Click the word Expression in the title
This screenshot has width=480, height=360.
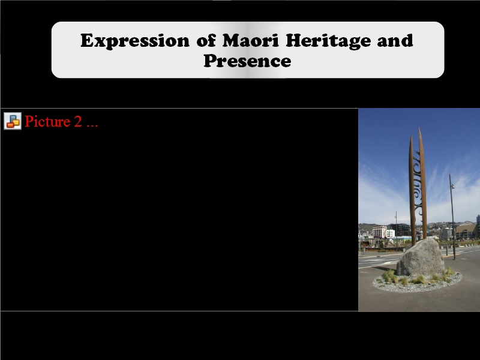coord(135,41)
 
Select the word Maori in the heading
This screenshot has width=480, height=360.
coord(250,40)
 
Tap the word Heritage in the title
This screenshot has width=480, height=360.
coord(328,41)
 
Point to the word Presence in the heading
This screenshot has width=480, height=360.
coord(247,61)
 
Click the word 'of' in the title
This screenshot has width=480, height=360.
coord(206,40)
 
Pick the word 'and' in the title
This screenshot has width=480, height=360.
coord(395,40)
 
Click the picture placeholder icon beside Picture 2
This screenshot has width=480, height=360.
coord(13,121)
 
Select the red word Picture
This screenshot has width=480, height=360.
coord(47,122)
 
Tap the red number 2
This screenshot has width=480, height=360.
coord(78,122)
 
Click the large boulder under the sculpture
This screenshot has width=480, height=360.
coord(421,258)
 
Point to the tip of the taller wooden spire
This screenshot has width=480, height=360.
coord(419,128)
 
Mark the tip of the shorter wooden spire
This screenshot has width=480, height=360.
coord(411,136)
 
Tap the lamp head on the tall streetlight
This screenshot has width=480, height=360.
coord(452,186)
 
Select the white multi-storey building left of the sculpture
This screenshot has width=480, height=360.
coord(380,232)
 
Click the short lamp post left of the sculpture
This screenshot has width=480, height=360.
coord(396,231)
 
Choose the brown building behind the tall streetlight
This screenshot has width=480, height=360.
coord(466,232)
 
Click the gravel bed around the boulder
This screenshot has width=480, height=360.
coord(418,283)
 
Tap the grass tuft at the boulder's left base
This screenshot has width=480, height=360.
coord(391,276)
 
